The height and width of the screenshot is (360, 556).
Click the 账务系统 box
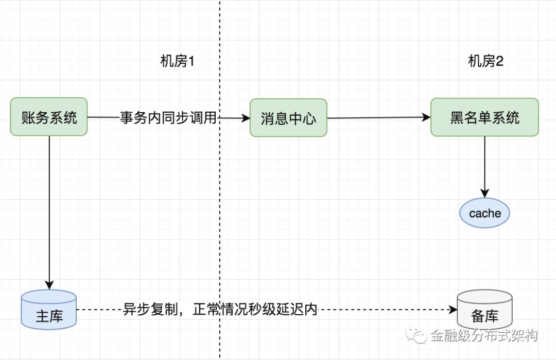point(49,117)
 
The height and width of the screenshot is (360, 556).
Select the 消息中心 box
point(288,118)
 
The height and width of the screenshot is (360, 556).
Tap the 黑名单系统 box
point(484,117)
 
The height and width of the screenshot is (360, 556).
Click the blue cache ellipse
point(484,213)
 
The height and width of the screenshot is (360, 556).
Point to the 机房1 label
point(177,62)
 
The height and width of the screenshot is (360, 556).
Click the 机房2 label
point(485,62)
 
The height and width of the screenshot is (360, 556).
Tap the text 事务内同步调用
point(168,117)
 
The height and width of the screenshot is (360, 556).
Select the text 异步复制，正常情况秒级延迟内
point(220,310)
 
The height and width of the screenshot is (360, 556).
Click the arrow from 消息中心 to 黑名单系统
point(378,118)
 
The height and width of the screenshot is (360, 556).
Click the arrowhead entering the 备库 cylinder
point(454,310)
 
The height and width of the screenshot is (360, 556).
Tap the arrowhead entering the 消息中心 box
point(246,118)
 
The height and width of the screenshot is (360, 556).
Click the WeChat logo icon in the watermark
point(418,336)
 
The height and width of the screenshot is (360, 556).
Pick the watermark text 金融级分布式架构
point(484,336)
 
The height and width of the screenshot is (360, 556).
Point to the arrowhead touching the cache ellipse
point(484,194)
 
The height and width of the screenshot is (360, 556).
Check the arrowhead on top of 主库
point(49,285)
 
